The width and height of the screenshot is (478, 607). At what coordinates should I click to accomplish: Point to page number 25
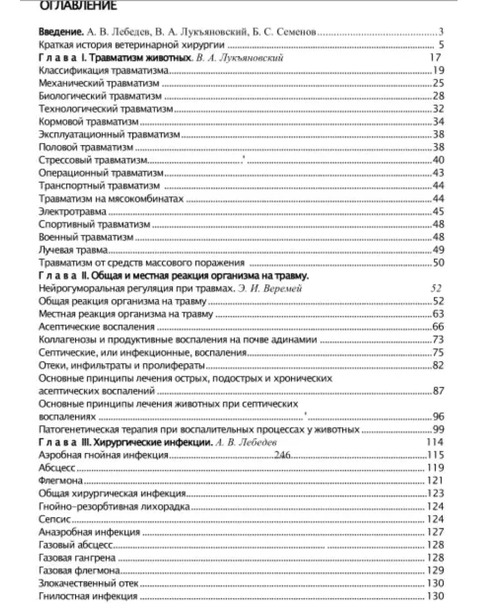click(x=439, y=83)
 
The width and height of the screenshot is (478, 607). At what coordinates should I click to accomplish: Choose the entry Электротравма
click(x=72, y=212)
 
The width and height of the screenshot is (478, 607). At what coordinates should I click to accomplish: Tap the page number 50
click(x=439, y=262)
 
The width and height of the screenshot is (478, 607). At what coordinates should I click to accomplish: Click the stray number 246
click(x=283, y=455)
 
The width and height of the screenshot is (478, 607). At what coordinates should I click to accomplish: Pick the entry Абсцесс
click(x=57, y=468)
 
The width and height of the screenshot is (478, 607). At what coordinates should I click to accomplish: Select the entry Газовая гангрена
click(x=77, y=558)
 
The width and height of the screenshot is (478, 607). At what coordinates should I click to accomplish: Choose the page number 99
click(x=439, y=429)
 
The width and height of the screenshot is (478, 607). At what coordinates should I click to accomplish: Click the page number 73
click(x=439, y=339)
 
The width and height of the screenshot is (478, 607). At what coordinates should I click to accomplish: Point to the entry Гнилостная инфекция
click(x=88, y=596)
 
